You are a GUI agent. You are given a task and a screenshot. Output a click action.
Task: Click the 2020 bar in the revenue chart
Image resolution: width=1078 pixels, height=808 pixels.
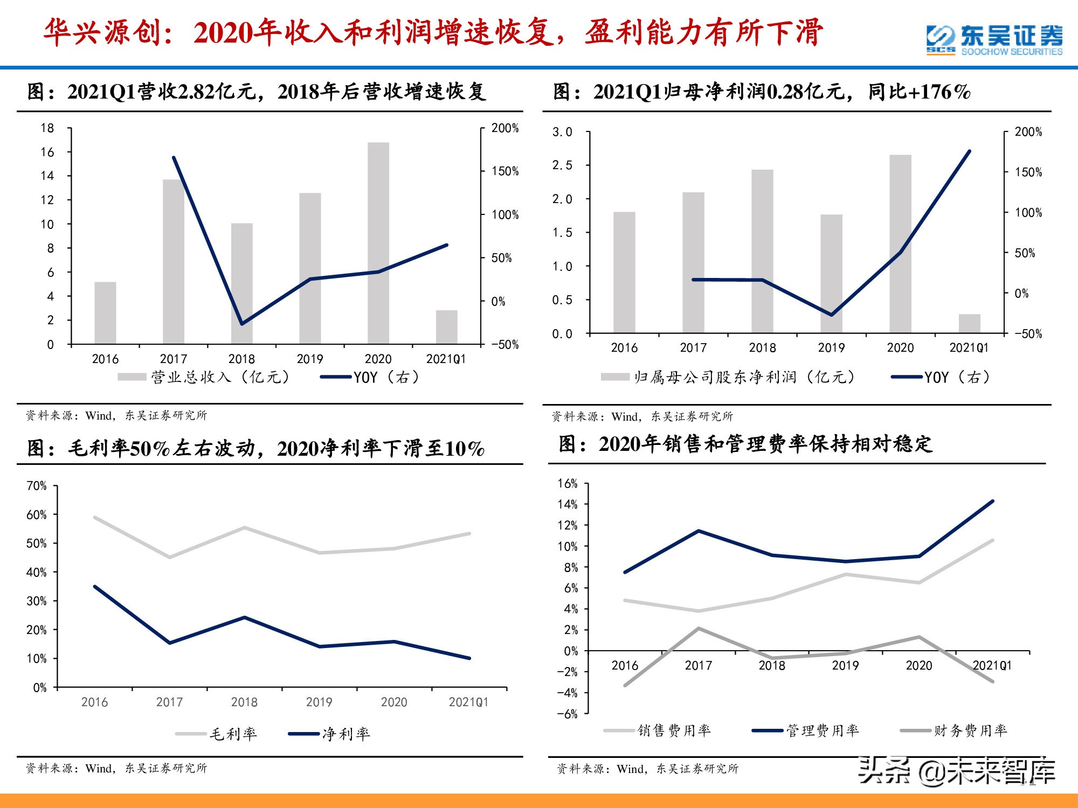[378, 242]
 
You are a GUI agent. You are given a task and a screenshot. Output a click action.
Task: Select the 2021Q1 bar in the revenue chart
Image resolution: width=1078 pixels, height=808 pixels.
[446, 327]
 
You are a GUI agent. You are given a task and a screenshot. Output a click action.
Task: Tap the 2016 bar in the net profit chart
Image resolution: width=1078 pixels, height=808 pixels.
[624, 272]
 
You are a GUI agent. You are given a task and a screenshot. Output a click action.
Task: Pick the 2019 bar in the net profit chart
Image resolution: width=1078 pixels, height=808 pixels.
[831, 273]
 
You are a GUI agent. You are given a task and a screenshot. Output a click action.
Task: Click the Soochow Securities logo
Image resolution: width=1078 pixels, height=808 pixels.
[994, 40]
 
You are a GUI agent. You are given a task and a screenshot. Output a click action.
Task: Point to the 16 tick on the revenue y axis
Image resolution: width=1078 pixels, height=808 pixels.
[47, 152]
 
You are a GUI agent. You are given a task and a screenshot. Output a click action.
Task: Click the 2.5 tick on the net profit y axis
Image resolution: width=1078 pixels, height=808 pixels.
[562, 165]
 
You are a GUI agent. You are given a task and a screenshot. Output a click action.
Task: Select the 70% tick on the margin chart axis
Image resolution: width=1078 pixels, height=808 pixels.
[37, 486]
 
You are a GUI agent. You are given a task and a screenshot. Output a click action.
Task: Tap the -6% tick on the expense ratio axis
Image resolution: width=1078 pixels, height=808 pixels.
[567, 714]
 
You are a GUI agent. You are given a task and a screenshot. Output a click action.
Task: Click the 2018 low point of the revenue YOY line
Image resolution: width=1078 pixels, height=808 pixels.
[241, 324]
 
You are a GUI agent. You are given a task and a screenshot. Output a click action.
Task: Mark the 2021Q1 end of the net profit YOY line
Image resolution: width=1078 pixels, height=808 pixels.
[969, 151]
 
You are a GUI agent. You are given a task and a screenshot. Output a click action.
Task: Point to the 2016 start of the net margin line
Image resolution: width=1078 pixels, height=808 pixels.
[95, 587]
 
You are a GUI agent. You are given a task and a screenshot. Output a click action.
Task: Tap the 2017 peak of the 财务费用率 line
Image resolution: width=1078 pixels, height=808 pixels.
[699, 629]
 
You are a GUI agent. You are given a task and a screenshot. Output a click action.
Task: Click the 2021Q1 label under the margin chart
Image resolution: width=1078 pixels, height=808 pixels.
[468, 702]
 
